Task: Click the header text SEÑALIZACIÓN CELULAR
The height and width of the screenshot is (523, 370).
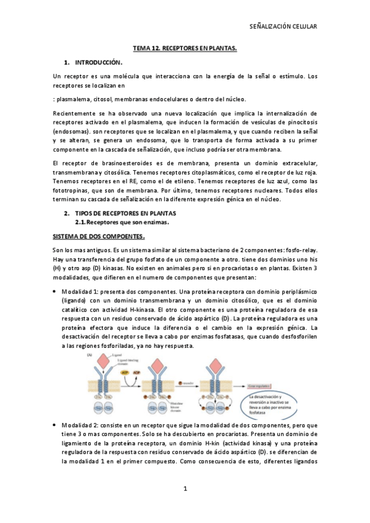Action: pos(282,27)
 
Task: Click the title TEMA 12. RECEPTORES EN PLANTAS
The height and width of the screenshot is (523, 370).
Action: pos(185,48)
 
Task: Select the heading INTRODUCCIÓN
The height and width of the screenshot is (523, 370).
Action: pos(99,62)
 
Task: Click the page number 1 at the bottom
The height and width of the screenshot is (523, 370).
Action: pos(185,490)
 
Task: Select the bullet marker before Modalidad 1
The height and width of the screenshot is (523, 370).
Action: pos(56,291)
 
